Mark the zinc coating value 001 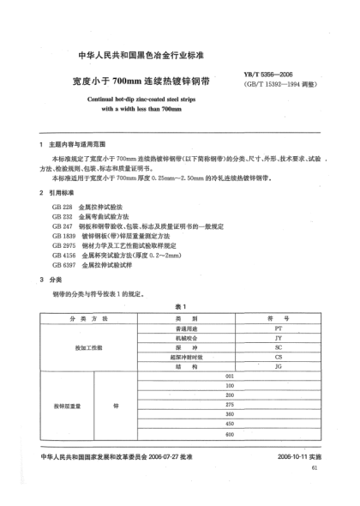[x=229, y=376]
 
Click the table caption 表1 [x=181, y=307]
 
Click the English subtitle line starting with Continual [x=180, y=99]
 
